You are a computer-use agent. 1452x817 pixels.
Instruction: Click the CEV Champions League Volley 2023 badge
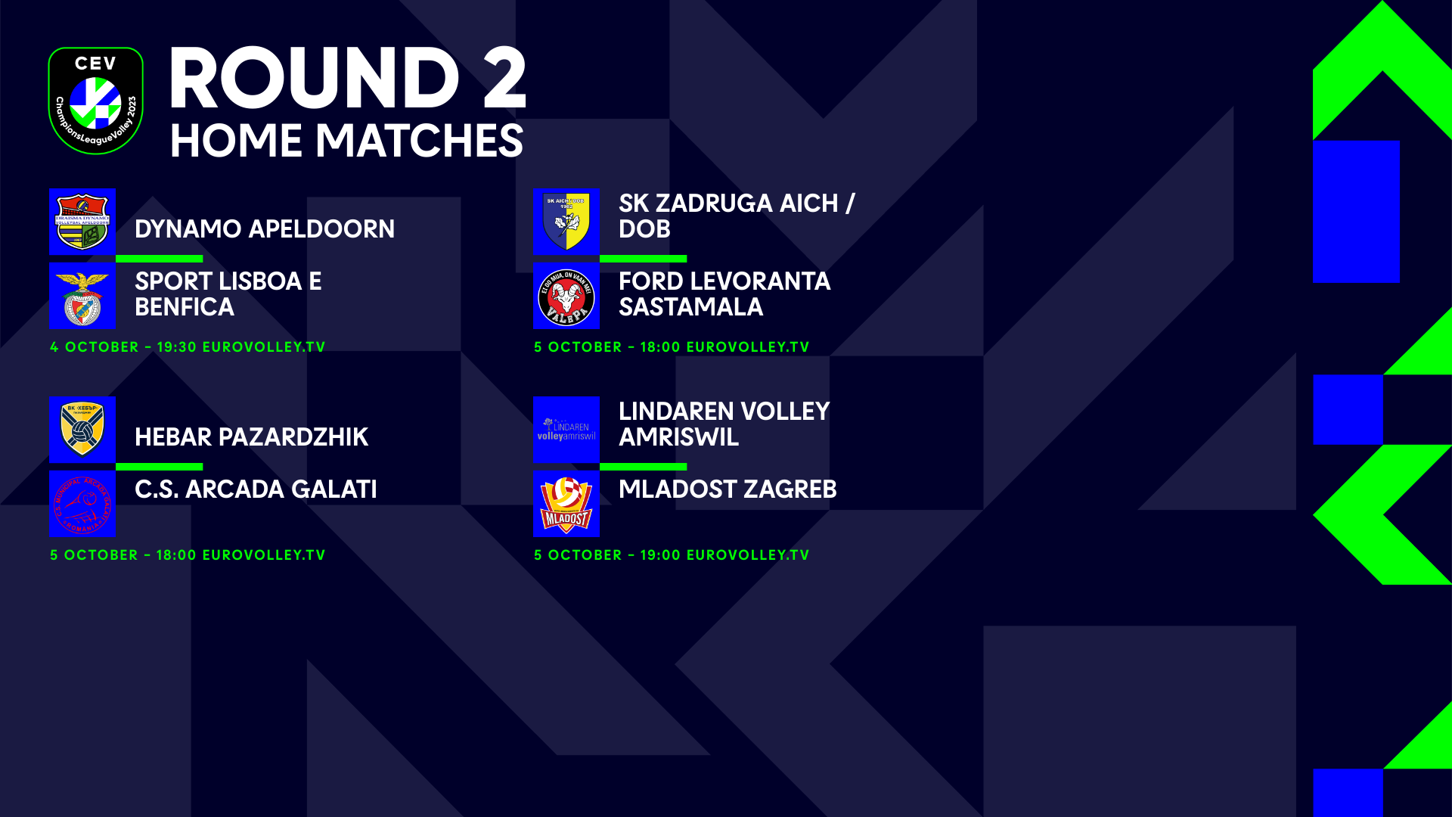(x=95, y=101)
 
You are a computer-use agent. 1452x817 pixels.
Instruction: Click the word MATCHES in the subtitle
(x=419, y=141)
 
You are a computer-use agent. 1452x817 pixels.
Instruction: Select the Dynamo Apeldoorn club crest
(x=82, y=222)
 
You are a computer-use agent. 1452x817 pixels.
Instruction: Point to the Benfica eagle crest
(x=82, y=297)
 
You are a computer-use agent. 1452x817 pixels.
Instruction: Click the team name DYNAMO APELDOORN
(x=264, y=229)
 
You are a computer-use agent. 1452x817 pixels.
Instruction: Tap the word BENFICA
(x=185, y=307)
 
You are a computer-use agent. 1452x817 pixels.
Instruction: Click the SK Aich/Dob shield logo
(x=566, y=222)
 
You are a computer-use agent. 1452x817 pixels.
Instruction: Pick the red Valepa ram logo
(x=566, y=297)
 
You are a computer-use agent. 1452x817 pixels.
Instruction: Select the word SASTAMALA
(x=690, y=307)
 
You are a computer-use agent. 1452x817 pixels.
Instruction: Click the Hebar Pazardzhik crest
(x=82, y=430)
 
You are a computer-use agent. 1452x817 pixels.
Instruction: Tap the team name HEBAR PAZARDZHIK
(x=251, y=437)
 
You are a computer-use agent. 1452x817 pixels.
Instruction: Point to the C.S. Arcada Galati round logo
(x=82, y=504)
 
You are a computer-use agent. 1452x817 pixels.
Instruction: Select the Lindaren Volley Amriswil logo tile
(x=566, y=430)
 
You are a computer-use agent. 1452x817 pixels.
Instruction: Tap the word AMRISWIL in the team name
(x=678, y=437)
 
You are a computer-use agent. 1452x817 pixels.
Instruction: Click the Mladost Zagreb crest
(x=566, y=504)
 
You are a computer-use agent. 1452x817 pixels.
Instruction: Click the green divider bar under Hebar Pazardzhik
(x=159, y=467)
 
